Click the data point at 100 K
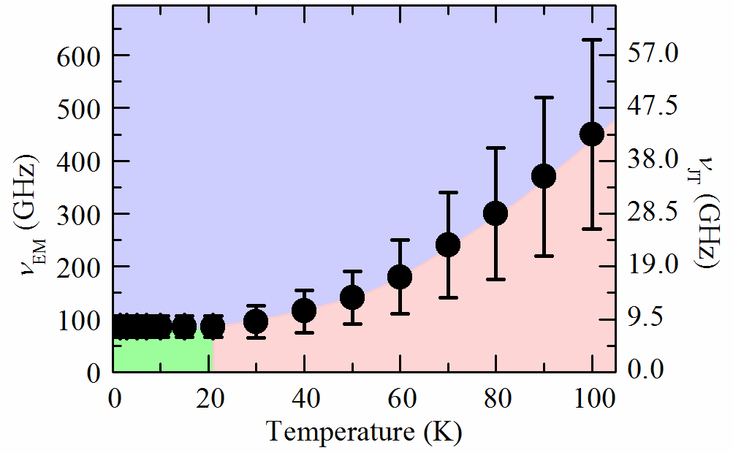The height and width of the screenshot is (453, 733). pos(591,134)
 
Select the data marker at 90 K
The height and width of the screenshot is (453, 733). pos(544,176)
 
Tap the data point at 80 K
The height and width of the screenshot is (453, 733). pos(496,213)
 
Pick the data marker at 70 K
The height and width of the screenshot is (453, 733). pos(448,245)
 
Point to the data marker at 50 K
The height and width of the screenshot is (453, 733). pos(352,297)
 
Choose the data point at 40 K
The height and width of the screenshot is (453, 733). pos(304,311)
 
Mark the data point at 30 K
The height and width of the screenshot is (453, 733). pos(256,321)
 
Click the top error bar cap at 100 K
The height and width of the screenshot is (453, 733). pos(591,39)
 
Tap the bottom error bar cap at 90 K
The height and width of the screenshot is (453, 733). pos(544,256)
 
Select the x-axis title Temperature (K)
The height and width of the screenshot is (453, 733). pos(364,431)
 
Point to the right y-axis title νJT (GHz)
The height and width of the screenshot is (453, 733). pos(707,213)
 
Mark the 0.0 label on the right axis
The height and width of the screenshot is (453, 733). pos(656,371)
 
